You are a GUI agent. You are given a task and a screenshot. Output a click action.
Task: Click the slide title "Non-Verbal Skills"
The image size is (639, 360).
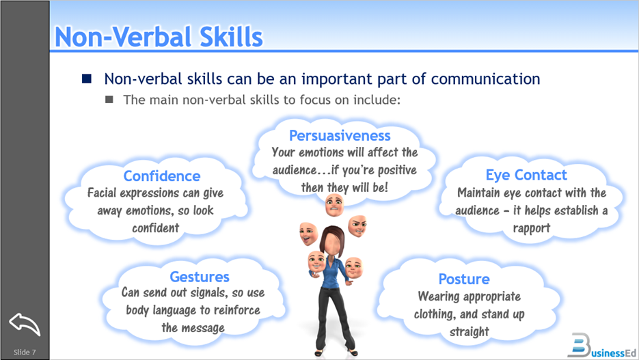coord(159,37)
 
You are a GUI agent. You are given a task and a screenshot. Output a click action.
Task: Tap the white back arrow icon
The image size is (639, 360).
coord(25,324)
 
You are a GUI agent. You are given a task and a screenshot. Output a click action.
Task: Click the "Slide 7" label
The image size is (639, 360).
coord(25,352)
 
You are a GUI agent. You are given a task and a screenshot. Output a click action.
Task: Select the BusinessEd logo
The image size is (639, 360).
coord(602,346)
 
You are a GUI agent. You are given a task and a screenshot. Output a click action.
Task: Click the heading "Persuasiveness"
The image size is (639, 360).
coord(340,136)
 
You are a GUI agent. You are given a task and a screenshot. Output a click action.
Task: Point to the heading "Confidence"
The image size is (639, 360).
coord(162,176)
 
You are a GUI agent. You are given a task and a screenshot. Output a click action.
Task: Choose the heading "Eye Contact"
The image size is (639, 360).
coord(526,175)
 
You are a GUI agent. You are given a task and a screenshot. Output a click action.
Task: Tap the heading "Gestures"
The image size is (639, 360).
coord(200,277)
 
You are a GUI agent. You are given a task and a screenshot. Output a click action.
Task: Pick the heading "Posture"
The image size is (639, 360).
coord(464,279)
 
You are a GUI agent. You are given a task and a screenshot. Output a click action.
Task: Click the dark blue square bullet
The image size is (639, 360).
coord(86,79)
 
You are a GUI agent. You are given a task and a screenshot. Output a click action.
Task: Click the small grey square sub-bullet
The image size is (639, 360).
coord(109,99)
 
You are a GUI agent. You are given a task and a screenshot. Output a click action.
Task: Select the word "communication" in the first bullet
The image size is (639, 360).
coord(485,79)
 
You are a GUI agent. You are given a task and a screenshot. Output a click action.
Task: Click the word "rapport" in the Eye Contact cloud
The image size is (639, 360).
coord(532,228)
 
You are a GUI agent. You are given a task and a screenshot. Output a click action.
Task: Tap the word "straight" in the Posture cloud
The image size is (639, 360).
coord(469,332)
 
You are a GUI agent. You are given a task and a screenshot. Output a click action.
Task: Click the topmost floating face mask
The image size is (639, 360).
coord(334,205)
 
